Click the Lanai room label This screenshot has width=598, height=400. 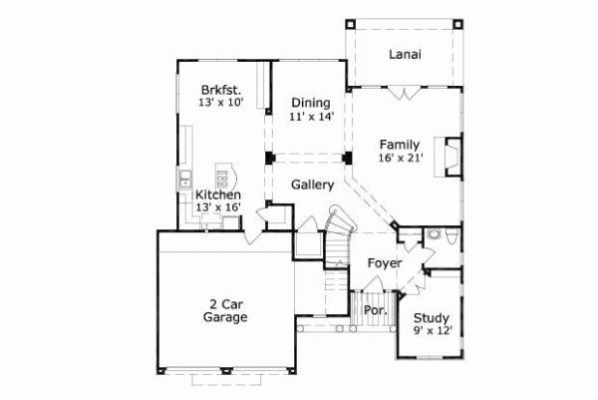405,55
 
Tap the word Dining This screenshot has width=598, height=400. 310,102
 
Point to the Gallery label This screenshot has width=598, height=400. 312,185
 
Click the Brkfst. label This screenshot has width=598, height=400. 221,89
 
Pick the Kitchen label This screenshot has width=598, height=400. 217,195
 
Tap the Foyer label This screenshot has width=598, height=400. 384,263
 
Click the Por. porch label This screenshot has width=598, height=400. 375,310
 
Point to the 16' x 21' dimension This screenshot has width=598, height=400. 402,158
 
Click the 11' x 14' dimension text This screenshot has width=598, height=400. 310,116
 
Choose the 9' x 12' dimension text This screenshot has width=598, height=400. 433,332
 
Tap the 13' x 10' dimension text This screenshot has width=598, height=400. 221,102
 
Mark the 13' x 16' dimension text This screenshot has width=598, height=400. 217,207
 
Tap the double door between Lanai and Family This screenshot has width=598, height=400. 404,94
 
